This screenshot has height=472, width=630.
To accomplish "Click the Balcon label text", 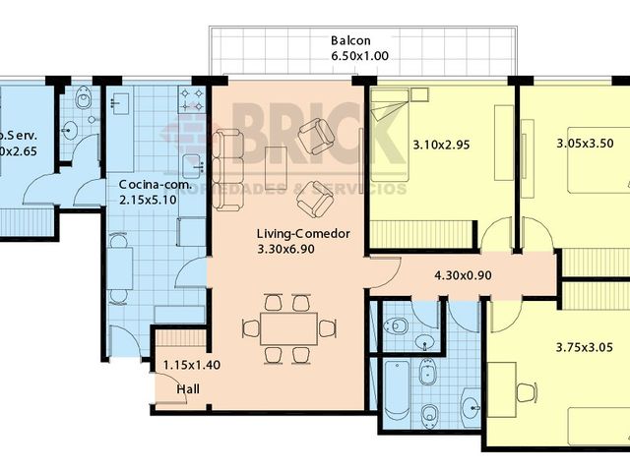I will [350, 40].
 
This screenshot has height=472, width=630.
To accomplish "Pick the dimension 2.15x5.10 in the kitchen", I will [148, 201].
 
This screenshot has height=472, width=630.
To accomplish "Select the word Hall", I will [188, 389].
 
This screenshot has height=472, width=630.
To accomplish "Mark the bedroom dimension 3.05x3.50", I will [585, 143].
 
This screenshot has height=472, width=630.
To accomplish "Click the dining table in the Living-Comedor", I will [288, 328].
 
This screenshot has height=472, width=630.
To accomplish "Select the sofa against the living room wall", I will [227, 169].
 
